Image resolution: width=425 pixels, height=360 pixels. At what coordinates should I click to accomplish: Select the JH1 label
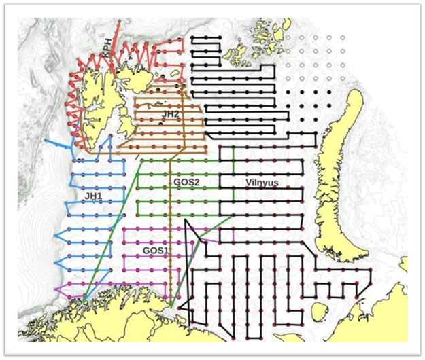coord(92,196)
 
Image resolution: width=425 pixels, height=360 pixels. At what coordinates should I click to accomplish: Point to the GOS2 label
coord(186,183)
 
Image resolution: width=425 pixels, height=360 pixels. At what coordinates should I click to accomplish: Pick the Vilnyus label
coord(262,183)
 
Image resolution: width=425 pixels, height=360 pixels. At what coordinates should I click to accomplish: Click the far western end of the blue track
coord(46,140)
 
